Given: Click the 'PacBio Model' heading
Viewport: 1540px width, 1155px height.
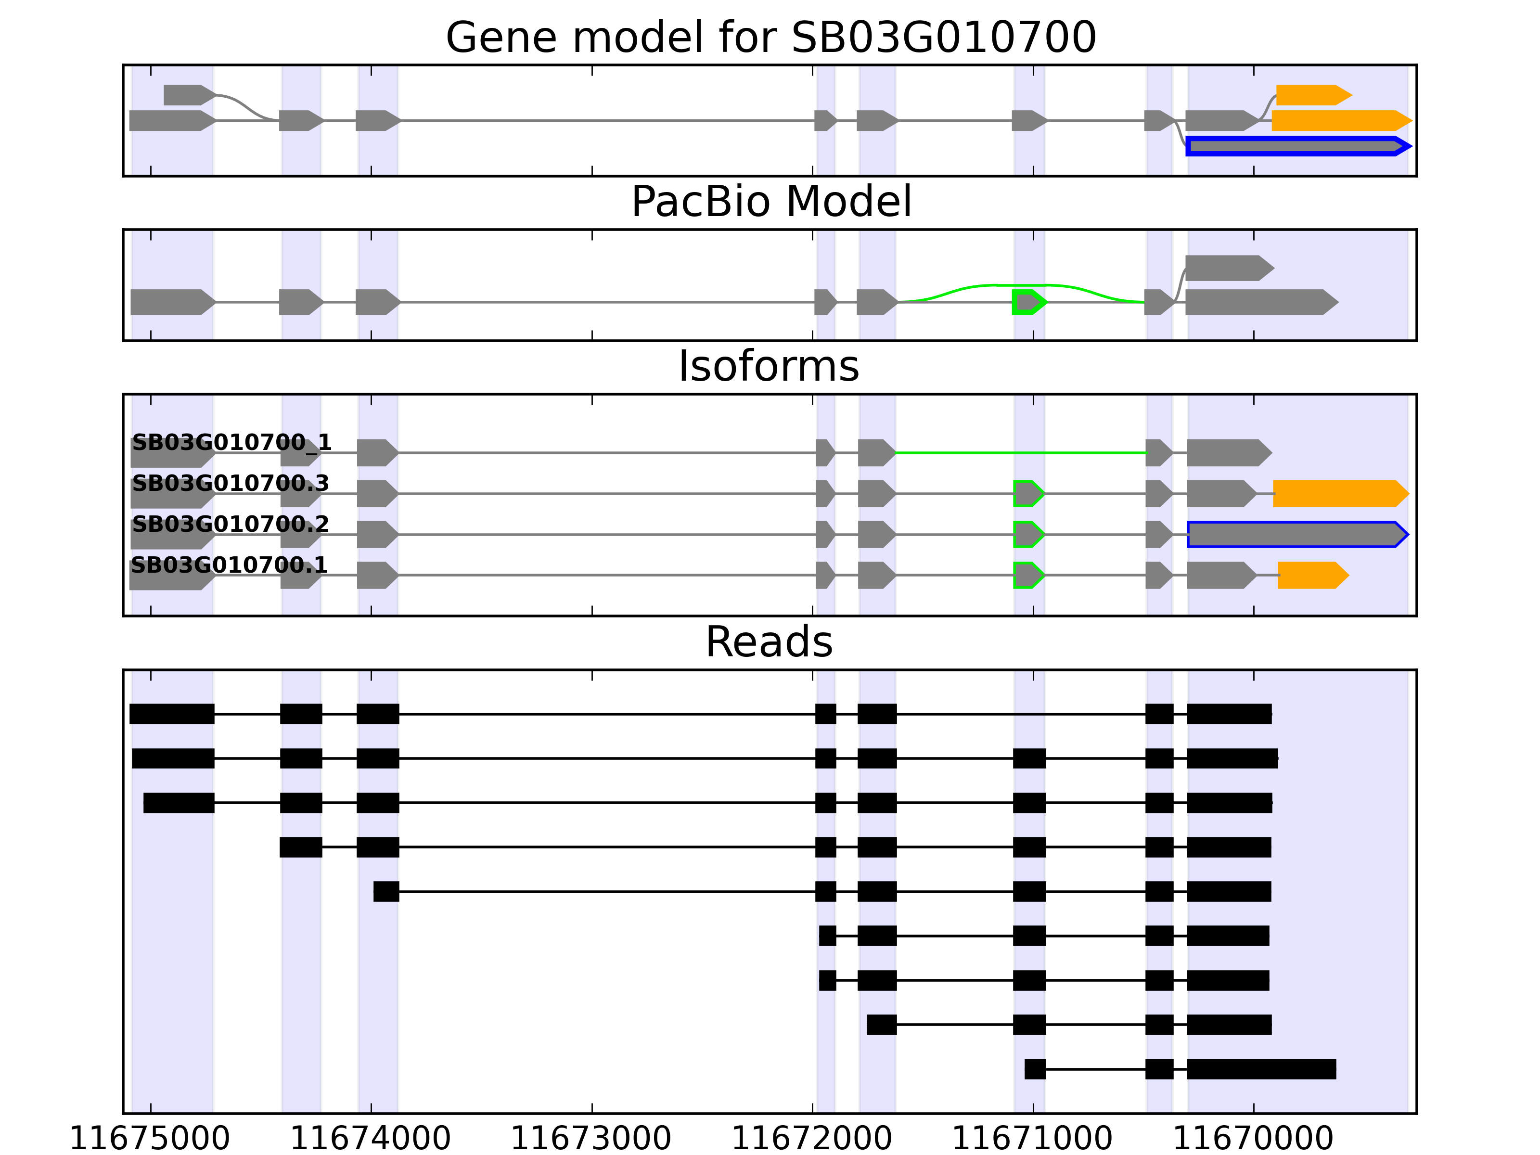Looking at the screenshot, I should [x=770, y=202].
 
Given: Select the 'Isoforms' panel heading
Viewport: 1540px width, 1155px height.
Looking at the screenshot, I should [x=769, y=367].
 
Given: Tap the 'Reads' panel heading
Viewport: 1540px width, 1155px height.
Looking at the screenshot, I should [x=769, y=642].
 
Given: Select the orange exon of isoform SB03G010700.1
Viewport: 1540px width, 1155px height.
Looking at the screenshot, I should [x=1311, y=575].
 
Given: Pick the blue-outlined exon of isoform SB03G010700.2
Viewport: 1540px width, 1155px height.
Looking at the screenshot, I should [x=1296, y=535].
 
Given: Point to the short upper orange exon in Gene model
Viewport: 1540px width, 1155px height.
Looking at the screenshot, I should [x=1311, y=95].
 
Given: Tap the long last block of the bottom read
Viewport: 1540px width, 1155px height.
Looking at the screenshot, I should [x=1261, y=1069].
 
